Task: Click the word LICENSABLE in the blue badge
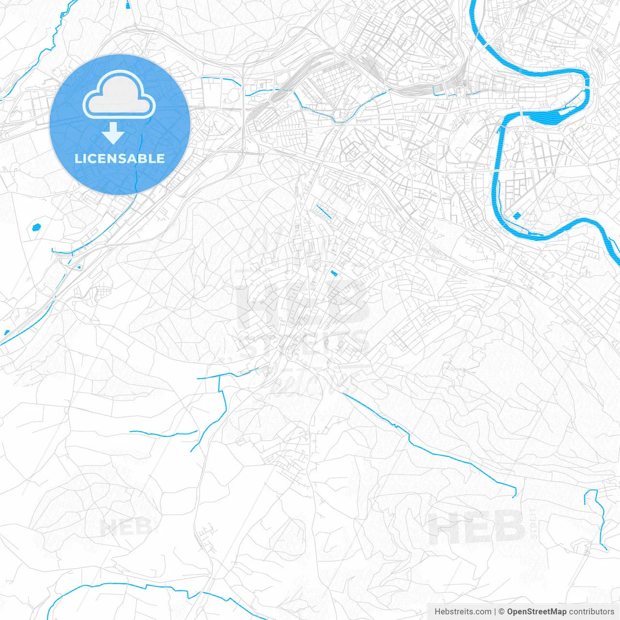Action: (x=120, y=158)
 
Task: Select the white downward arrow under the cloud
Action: (x=113, y=134)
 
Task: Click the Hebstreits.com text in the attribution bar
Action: (x=463, y=612)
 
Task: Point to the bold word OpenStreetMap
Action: (x=537, y=612)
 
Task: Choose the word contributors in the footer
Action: (x=591, y=612)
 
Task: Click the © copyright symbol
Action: (x=501, y=612)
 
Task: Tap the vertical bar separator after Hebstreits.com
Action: (x=495, y=612)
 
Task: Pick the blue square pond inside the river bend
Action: (x=517, y=216)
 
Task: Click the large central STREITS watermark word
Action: (x=304, y=345)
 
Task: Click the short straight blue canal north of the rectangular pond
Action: (x=324, y=212)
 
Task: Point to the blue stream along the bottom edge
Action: (x=145, y=588)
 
